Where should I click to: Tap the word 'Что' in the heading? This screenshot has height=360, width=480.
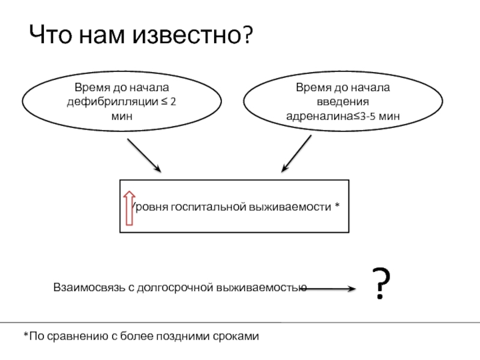[x=50, y=34]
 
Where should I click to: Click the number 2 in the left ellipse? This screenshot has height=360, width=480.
[x=173, y=101]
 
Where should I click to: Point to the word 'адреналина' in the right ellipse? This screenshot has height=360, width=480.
[x=319, y=116]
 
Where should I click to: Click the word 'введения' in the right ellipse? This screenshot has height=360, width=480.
[x=343, y=101]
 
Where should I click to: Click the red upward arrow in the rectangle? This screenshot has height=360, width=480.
[x=129, y=208]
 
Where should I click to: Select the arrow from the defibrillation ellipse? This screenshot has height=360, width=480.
[x=144, y=155]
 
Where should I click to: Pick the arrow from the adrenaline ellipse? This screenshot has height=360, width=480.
[x=296, y=154]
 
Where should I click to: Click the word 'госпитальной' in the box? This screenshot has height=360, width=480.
[x=208, y=208]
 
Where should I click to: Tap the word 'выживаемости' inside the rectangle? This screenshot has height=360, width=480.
[x=290, y=207]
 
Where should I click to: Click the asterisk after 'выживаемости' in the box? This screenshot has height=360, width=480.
[x=337, y=205]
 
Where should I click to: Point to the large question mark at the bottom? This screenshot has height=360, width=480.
[x=381, y=283]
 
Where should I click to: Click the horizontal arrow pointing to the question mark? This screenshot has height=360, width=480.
[x=331, y=289]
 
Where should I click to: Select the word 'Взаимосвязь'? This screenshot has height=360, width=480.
[x=89, y=288]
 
